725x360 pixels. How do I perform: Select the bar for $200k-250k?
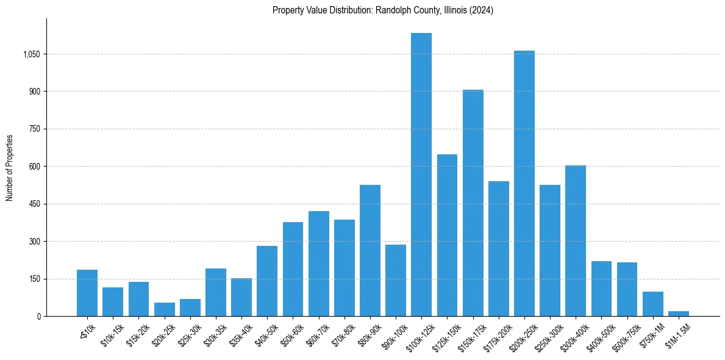(x=524, y=183)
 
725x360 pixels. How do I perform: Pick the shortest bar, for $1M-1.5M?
(x=678, y=314)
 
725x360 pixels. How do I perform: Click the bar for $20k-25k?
(x=164, y=309)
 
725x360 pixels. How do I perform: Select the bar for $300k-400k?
(x=575, y=240)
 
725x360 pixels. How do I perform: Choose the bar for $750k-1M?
(x=652, y=304)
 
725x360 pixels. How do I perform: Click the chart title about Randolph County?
(x=383, y=10)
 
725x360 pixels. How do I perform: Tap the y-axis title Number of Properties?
(x=10, y=167)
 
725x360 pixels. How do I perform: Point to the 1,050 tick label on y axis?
(x=32, y=54)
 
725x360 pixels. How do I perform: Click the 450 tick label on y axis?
(x=35, y=204)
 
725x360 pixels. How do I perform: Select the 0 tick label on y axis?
(x=38, y=316)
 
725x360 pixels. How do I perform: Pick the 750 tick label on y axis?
(x=35, y=129)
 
